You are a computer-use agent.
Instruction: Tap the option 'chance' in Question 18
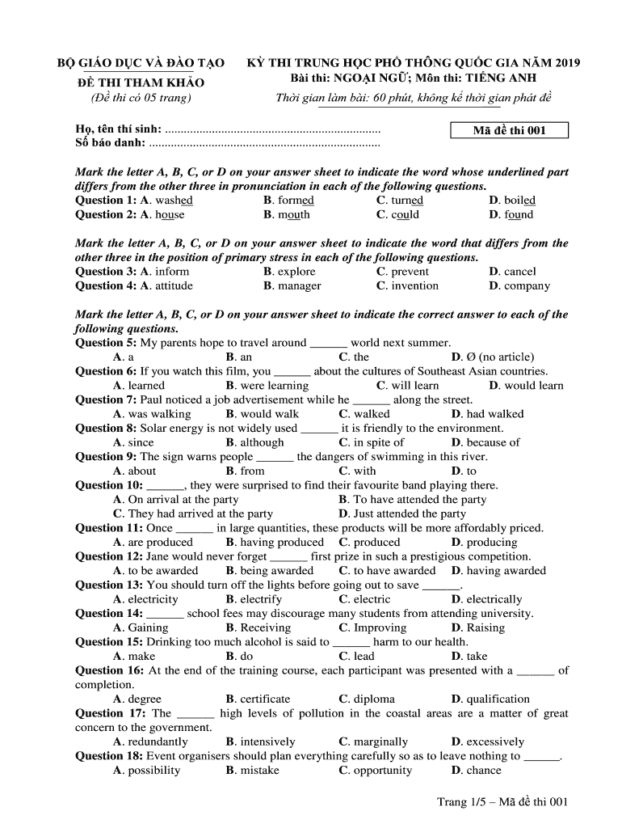click(484, 771)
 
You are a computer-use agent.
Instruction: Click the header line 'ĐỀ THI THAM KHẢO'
click(141, 82)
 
